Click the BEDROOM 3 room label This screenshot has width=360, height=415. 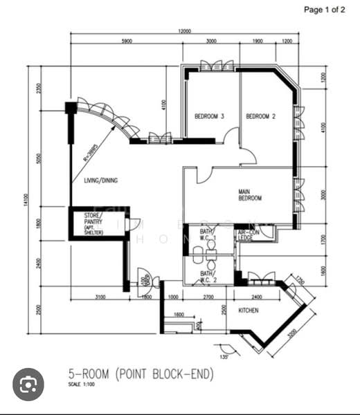tap(209, 116)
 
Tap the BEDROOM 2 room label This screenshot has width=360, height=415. tap(261, 116)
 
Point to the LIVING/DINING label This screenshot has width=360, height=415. tap(101, 181)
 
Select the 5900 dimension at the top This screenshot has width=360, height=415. tap(126, 42)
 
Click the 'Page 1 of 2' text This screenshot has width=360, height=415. tap(324, 10)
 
